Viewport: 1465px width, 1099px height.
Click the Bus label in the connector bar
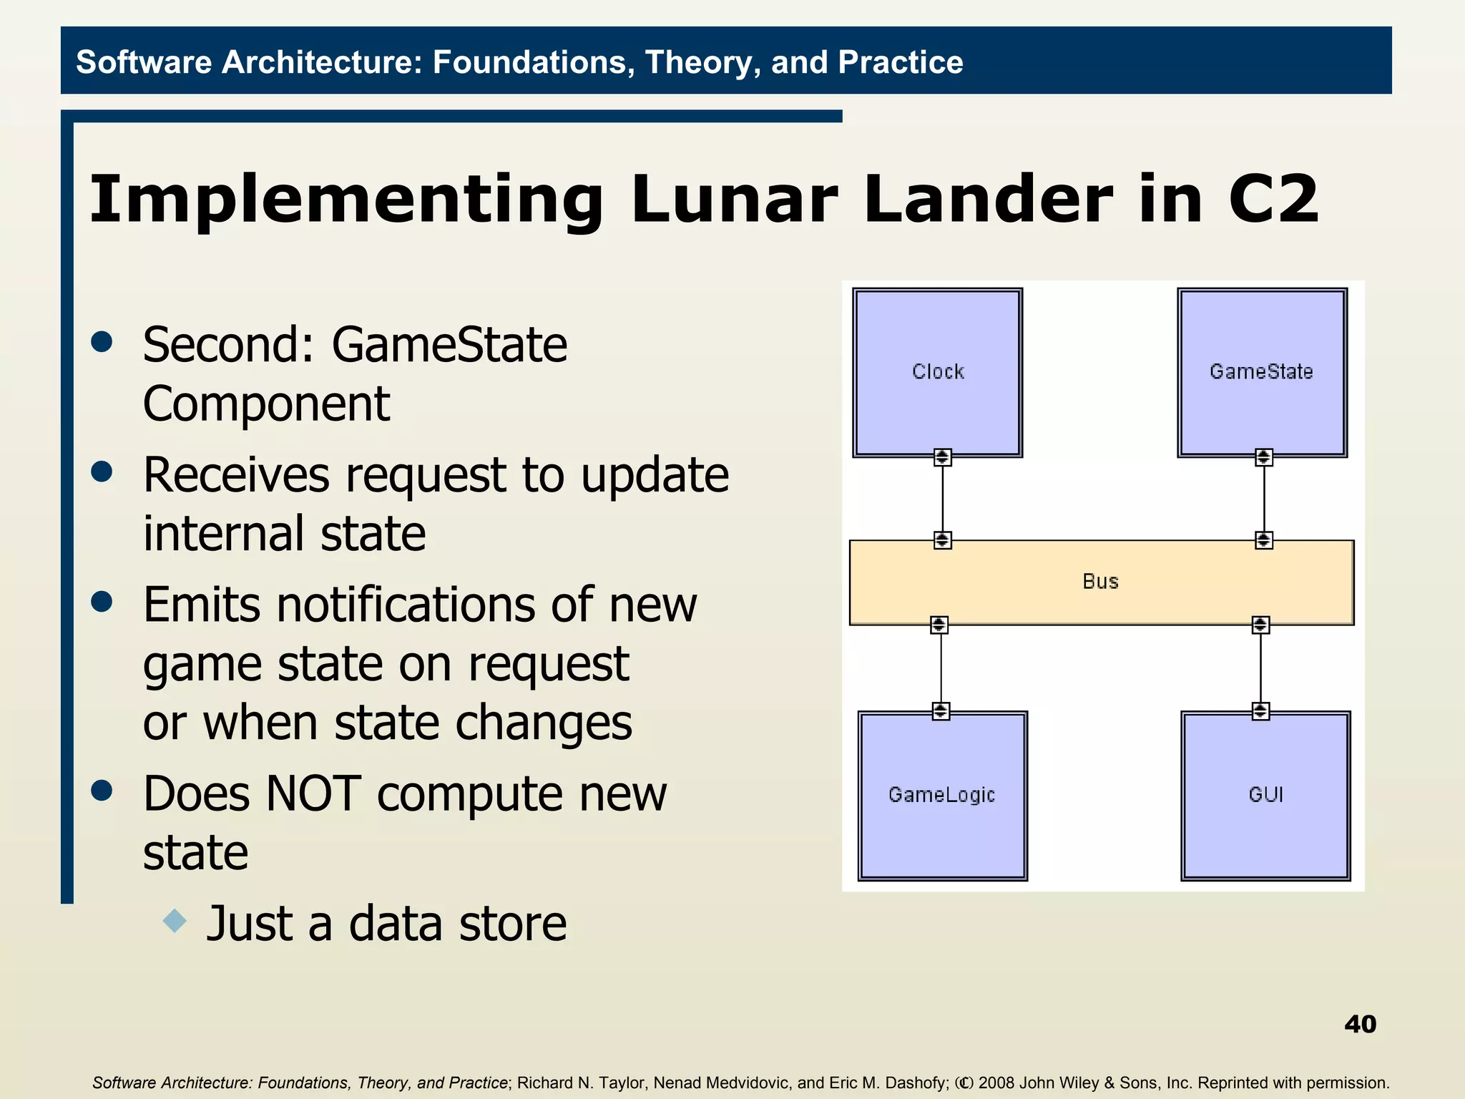pyautogui.click(x=1100, y=582)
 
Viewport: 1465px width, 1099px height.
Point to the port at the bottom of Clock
pyautogui.click(x=942, y=456)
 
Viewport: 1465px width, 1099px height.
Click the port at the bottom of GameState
pyautogui.click(x=1263, y=456)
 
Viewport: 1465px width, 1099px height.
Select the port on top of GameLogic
pyautogui.click(x=941, y=710)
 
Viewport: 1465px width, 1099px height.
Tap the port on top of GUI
pyautogui.click(x=1260, y=710)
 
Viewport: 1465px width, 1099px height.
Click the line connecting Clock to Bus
pyautogui.click(x=942, y=499)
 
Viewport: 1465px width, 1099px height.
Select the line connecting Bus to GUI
pyautogui.click(x=1260, y=668)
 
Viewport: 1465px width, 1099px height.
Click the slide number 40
pyautogui.click(x=1360, y=1024)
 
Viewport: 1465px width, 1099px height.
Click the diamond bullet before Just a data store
pyautogui.click(x=175, y=920)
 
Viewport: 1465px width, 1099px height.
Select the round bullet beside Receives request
pyautogui.click(x=102, y=472)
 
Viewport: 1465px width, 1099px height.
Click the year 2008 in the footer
pyautogui.click(x=997, y=1083)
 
